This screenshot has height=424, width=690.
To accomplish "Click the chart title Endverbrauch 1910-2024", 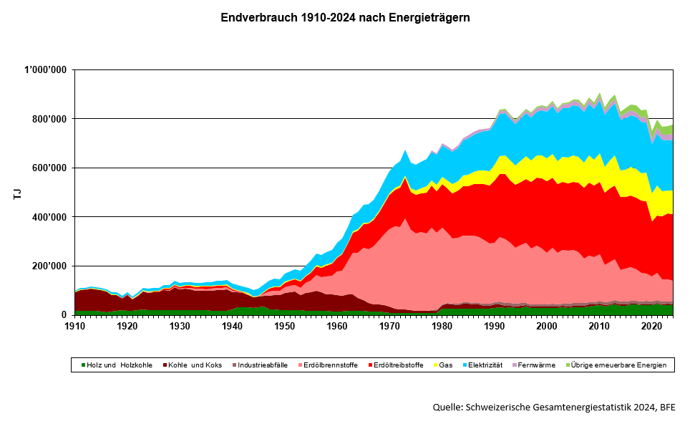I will coord(345,17).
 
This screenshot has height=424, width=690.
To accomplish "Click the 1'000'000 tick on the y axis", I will coord(47,69).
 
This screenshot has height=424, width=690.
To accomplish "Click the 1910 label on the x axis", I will coord(74,326).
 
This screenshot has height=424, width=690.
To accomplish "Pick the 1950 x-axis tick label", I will coord(284,326).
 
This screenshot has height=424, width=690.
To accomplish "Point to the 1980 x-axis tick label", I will coord(442,326).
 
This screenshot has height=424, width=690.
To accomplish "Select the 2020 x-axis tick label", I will coord(651,326).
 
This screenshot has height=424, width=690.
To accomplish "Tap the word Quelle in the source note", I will coord(448,408).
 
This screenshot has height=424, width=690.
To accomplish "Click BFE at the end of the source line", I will coord(667,408).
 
